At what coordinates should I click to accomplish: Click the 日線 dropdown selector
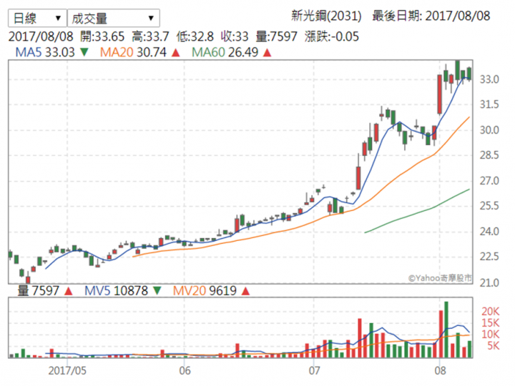tap(35, 18)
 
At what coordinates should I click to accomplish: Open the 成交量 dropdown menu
tap(113, 18)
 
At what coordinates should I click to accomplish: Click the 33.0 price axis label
tap(490, 79)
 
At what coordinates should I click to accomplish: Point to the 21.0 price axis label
tap(490, 282)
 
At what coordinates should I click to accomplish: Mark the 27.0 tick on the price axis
tap(490, 181)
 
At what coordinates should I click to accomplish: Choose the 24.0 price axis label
tap(490, 232)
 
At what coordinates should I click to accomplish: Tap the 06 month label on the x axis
tap(185, 371)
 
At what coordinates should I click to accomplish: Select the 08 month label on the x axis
tap(441, 371)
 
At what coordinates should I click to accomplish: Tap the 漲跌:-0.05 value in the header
tap(332, 36)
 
